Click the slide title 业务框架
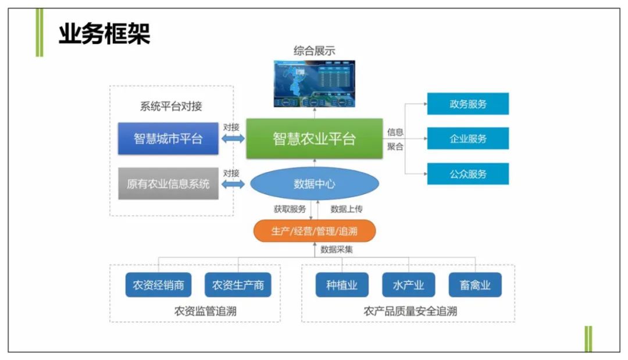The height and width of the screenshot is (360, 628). [104, 35]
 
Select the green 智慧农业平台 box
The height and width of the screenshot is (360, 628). [314, 138]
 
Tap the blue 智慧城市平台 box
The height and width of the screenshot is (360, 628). [168, 138]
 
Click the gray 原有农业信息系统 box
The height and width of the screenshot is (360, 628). [168, 184]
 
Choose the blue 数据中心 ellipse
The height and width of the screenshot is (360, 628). [315, 184]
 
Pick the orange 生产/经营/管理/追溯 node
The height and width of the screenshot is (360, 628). [314, 231]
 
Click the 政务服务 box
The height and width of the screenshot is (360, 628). [468, 104]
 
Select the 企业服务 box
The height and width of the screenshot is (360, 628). [468, 138]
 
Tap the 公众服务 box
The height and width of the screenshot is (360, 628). [468, 174]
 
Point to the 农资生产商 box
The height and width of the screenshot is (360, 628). [238, 285]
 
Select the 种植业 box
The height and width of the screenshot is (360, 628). [341, 285]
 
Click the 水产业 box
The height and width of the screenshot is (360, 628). [408, 285]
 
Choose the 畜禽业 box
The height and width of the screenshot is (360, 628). [474, 285]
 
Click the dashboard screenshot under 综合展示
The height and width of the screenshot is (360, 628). [315, 84]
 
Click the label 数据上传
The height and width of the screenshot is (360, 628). [347, 209]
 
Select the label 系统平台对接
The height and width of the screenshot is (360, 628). [171, 106]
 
